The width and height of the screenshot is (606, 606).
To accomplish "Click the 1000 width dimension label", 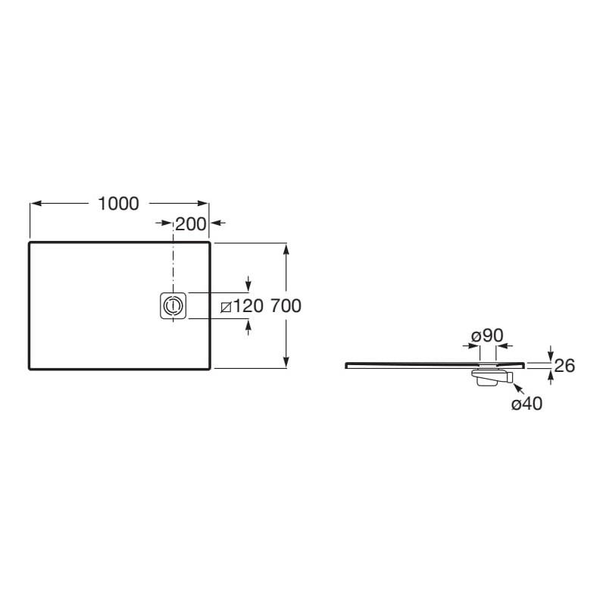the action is pos(118,204).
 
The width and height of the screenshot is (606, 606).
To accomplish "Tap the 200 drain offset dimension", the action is pos(191,223).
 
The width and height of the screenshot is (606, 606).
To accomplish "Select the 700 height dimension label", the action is pos(286,306).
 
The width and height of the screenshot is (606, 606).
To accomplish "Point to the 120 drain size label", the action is pos(248,306).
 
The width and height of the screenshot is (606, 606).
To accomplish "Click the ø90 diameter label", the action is pos(487,336).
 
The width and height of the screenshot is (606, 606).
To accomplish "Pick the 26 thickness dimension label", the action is pos(564,366).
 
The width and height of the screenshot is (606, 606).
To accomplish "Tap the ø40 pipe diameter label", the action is pos(526,404).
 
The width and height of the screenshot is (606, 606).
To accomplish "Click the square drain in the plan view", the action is pos(173,306).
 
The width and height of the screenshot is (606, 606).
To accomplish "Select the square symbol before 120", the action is pos(226,308).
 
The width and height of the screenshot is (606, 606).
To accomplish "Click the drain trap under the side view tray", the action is pos(492,376).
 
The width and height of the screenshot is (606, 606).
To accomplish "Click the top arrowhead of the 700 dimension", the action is pos(286,250).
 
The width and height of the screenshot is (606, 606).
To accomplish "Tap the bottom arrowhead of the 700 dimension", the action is pos(286,361).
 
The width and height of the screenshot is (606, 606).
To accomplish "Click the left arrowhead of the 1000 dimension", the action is pos(36,203).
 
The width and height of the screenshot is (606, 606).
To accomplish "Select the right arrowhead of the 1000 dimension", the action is pos(202,203).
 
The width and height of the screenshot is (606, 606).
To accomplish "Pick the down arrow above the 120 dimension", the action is pos(248,283).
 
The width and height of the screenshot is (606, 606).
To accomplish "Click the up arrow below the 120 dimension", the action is pos(248,328).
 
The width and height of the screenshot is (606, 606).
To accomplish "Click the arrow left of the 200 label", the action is pos(164,223).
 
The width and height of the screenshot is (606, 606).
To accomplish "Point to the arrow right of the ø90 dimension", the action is pos(504,346).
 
